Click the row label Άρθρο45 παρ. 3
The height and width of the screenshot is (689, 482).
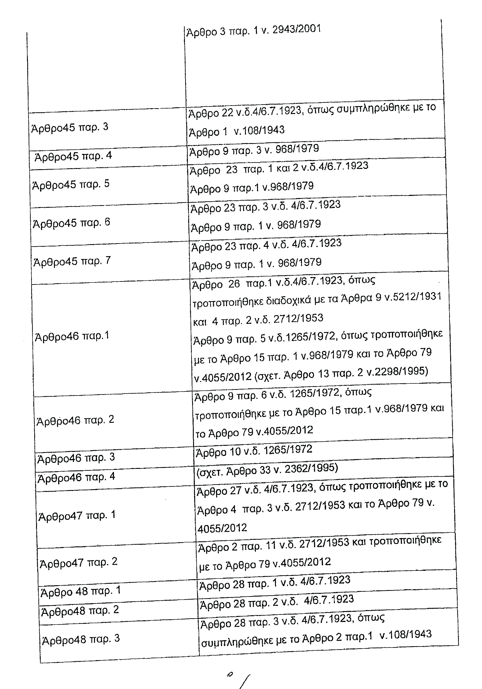(x=70, y=128)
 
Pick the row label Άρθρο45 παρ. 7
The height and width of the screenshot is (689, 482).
(x=72, y=261)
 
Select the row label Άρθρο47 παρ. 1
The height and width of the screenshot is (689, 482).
(x=77, y=516)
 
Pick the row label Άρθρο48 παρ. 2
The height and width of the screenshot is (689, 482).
(x=80, y=610)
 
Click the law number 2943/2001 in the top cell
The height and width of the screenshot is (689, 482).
(x=296, y=29)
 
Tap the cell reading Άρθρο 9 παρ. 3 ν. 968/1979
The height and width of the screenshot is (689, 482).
(x=254, y=150)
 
